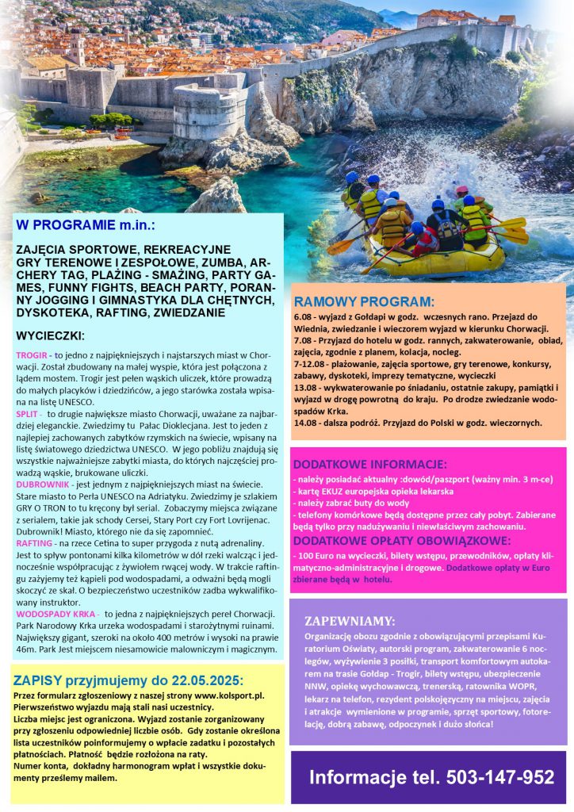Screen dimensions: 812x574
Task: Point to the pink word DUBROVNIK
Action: tap(41, 484)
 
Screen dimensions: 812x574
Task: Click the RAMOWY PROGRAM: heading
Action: tap(363, 301)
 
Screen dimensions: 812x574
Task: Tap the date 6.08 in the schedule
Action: tap(304, 316)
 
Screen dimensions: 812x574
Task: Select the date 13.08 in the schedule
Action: tap(306, 386)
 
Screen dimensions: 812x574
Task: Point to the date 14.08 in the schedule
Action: tap(306, 423)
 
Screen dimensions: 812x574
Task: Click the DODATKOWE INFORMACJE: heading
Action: tap(369, 464)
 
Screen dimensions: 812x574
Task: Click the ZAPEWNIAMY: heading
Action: tap(349, 620)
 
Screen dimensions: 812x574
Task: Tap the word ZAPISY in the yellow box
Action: tap(38, 680)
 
